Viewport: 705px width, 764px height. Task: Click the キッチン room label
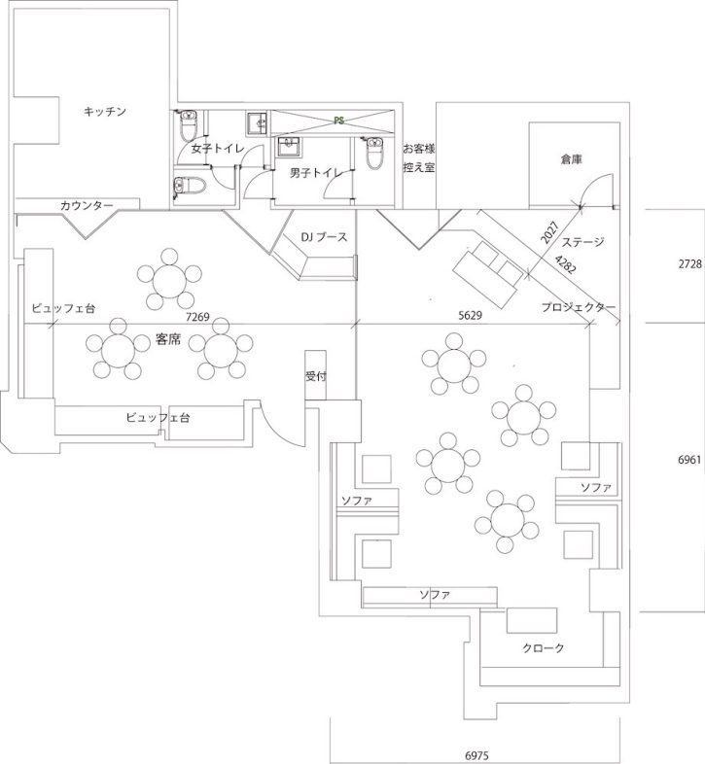point(106,112)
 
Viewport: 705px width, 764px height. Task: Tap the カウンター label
point(87,205)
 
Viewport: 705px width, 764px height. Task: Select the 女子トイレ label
point(217,150)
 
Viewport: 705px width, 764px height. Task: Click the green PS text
point(339,122)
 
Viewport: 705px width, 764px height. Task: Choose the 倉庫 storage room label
point(571,158)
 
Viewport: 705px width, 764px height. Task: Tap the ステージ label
point(583,242)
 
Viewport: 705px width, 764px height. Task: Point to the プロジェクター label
point(580,307)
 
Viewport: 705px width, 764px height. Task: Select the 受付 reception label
point(316,375)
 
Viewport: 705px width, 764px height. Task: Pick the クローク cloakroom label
point(543,647)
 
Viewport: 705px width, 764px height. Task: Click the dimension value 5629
point(472,315)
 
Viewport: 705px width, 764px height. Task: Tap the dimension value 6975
point(477,754)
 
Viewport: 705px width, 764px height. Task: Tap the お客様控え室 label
point(419,158)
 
